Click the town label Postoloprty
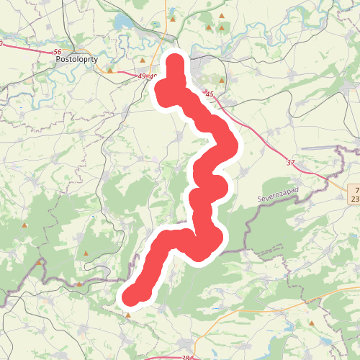[x=76, y=61]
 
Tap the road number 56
[x=58, y=52]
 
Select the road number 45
[x=210, y=94]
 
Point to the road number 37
[x=291, y=163]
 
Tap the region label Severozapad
[x=277, y=195]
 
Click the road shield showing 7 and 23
[x=354, y=192]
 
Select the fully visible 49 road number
[x=140, y=76]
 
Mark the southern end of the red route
[x=130, y=297]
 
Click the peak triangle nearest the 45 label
[x=222, y=81]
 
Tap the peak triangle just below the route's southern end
[x=128, y=315]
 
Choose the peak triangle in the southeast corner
[x=311, y=323]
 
